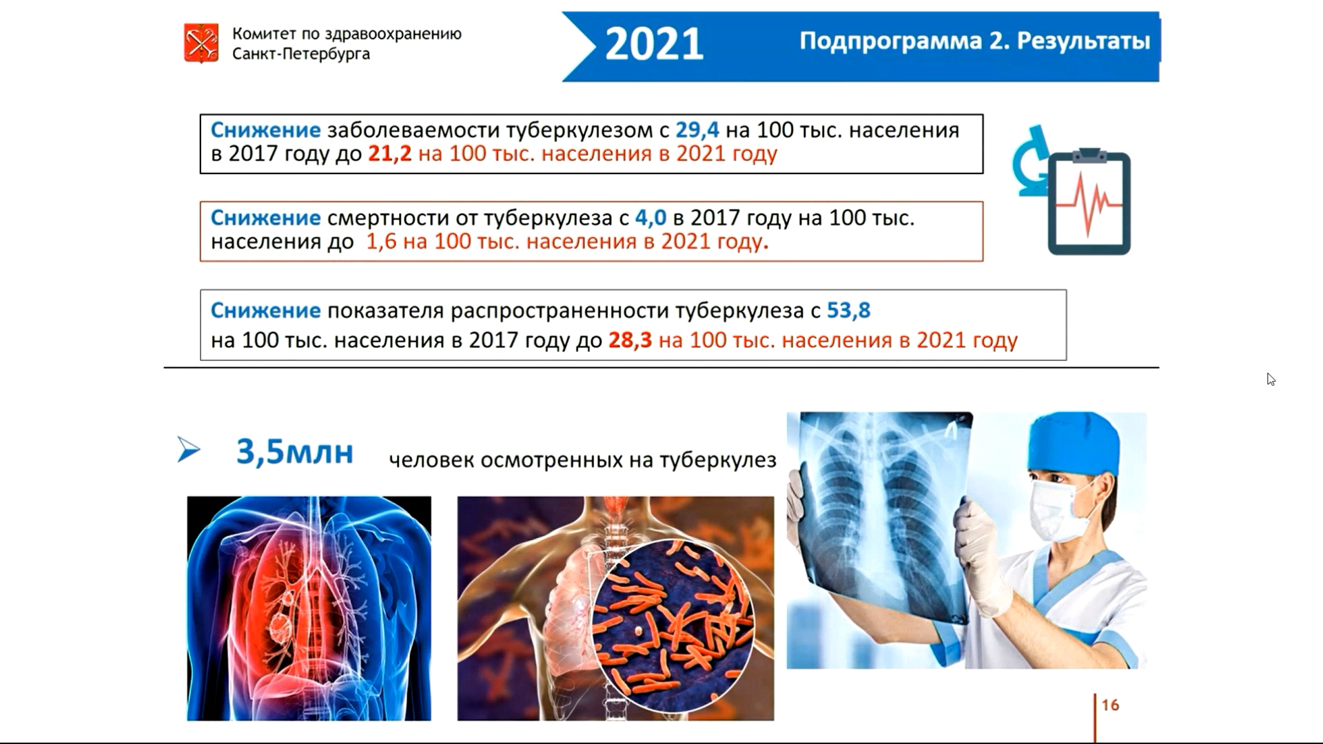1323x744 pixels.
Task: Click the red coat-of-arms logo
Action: (x=201, y=43)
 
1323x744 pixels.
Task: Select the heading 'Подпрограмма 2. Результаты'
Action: (x=974, y=41)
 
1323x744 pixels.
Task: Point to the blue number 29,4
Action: (x=697, y=130)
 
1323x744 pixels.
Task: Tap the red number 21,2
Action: (x=389, y=153)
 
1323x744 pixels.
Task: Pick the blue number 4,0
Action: (x=650, y=218)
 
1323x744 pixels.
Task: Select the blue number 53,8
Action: (x=848, y=311)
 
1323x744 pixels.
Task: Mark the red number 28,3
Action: (x=630, y=340)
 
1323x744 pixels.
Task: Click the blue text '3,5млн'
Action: (x=295, y=452)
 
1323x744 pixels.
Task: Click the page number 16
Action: (x=1110, y=705)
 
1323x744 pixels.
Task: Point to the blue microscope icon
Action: (x=1030, y=161)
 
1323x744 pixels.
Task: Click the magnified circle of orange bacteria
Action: (x=673, y=626)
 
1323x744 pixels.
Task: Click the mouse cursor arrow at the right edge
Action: (x=1271, y=380)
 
